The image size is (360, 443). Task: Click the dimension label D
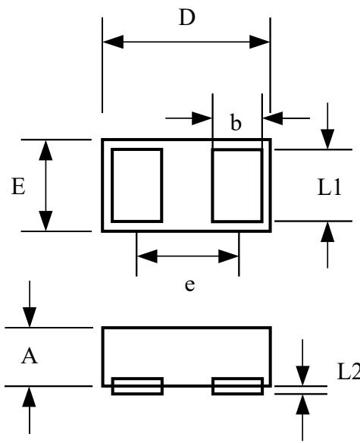pos(186,17)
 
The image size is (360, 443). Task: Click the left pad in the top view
pos(137,184)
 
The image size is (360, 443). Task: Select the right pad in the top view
pos(237,184)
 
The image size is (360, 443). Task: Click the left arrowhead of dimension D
pos(112,42)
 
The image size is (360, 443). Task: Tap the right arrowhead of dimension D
pos(260,42)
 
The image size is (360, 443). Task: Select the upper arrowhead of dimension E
pos(47,149)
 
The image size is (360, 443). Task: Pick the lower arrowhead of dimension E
pos(47,221)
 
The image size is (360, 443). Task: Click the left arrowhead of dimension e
pos(146,256)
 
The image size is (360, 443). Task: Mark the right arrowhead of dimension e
pos(229,256)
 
